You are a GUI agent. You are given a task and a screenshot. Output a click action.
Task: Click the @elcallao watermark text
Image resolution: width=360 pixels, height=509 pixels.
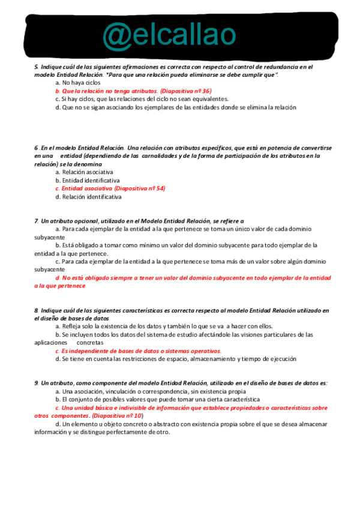pos(169,35)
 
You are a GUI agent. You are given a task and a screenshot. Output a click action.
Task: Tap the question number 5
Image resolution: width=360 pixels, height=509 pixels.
pos(36,67)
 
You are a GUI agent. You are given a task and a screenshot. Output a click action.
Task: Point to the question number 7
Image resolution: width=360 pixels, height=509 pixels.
pos(36,221)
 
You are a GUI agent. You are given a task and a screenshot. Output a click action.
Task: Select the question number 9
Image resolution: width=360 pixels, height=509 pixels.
pos(36,382)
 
